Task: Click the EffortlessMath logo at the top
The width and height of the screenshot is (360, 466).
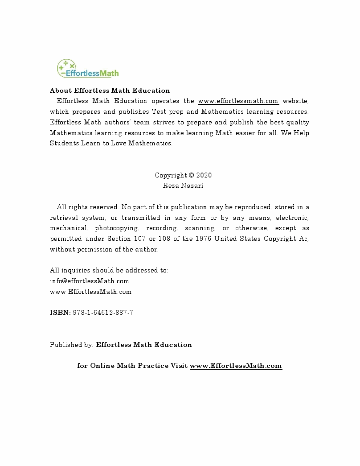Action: coord(88,69)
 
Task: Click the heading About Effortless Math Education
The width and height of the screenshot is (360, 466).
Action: coord(110,91)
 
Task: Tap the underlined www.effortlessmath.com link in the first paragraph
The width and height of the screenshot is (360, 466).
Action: coord(238,101)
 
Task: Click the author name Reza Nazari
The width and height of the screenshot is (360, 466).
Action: coord(183,186)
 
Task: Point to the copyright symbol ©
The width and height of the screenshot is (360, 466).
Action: coord(192,175)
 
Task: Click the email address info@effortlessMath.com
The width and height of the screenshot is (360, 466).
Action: coord(90,281)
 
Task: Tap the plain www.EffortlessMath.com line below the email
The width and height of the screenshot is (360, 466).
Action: coord(90,292)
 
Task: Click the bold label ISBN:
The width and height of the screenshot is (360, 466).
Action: coord(60,313)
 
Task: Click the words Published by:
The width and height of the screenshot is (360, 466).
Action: coord(72,345)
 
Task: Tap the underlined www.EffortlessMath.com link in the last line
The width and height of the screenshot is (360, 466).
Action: coord(236,366)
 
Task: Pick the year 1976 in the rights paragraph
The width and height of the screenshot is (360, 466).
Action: coord(203,239)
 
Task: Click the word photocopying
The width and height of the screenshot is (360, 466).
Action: coord(117,228)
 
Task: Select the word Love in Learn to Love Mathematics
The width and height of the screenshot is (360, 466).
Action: coord(117,143)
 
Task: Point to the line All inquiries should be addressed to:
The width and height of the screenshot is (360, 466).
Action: coord(109,270)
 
